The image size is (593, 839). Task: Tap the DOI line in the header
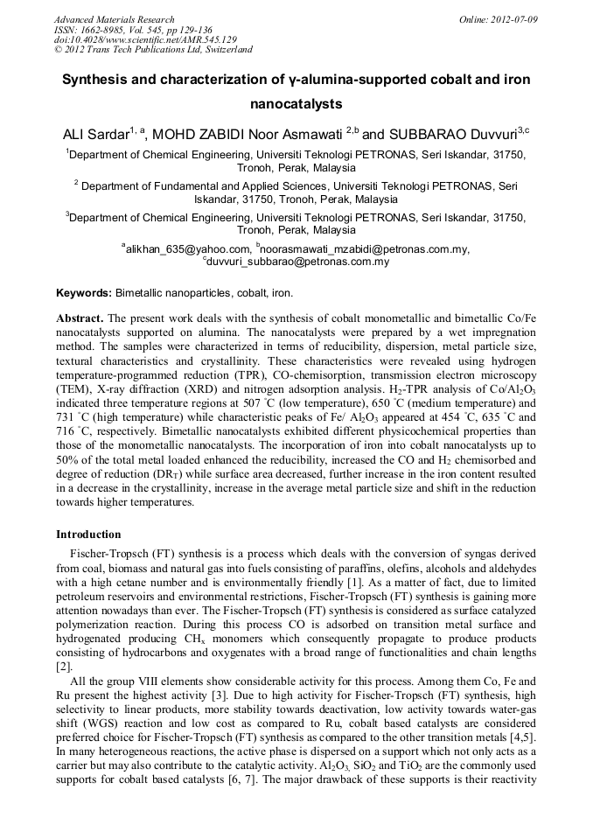145,40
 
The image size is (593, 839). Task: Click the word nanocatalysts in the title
296,103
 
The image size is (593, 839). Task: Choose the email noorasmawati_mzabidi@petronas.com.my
366,249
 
